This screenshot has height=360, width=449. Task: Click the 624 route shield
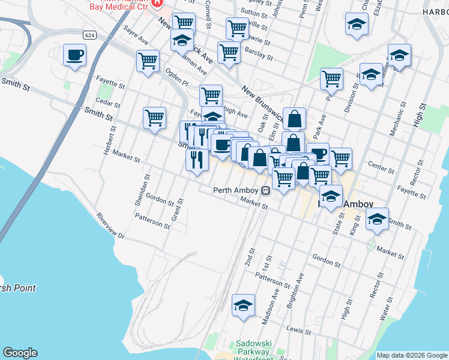(89, 35)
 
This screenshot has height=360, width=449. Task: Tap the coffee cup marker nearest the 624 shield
(74, 55)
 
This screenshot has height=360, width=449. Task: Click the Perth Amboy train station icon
(265, 191)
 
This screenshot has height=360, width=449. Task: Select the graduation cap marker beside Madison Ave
(243, 306)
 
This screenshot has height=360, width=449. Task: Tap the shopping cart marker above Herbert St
(154, 118)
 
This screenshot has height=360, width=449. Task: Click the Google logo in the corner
(20, 353)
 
